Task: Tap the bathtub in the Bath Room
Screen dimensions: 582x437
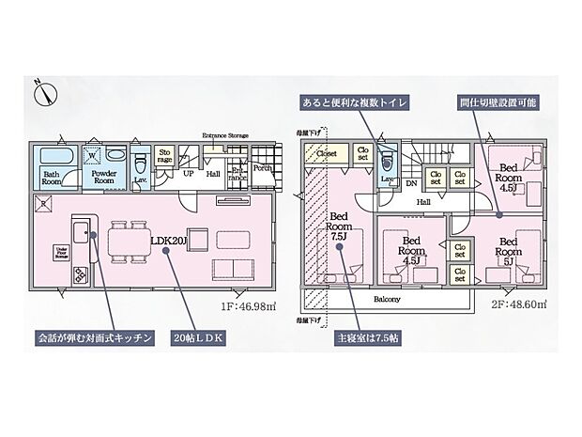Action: coord(53,154)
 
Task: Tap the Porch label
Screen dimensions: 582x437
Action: coord(262,168)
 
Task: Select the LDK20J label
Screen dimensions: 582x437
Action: coord(164,240)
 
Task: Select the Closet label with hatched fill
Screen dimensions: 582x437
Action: coord(326,152)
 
